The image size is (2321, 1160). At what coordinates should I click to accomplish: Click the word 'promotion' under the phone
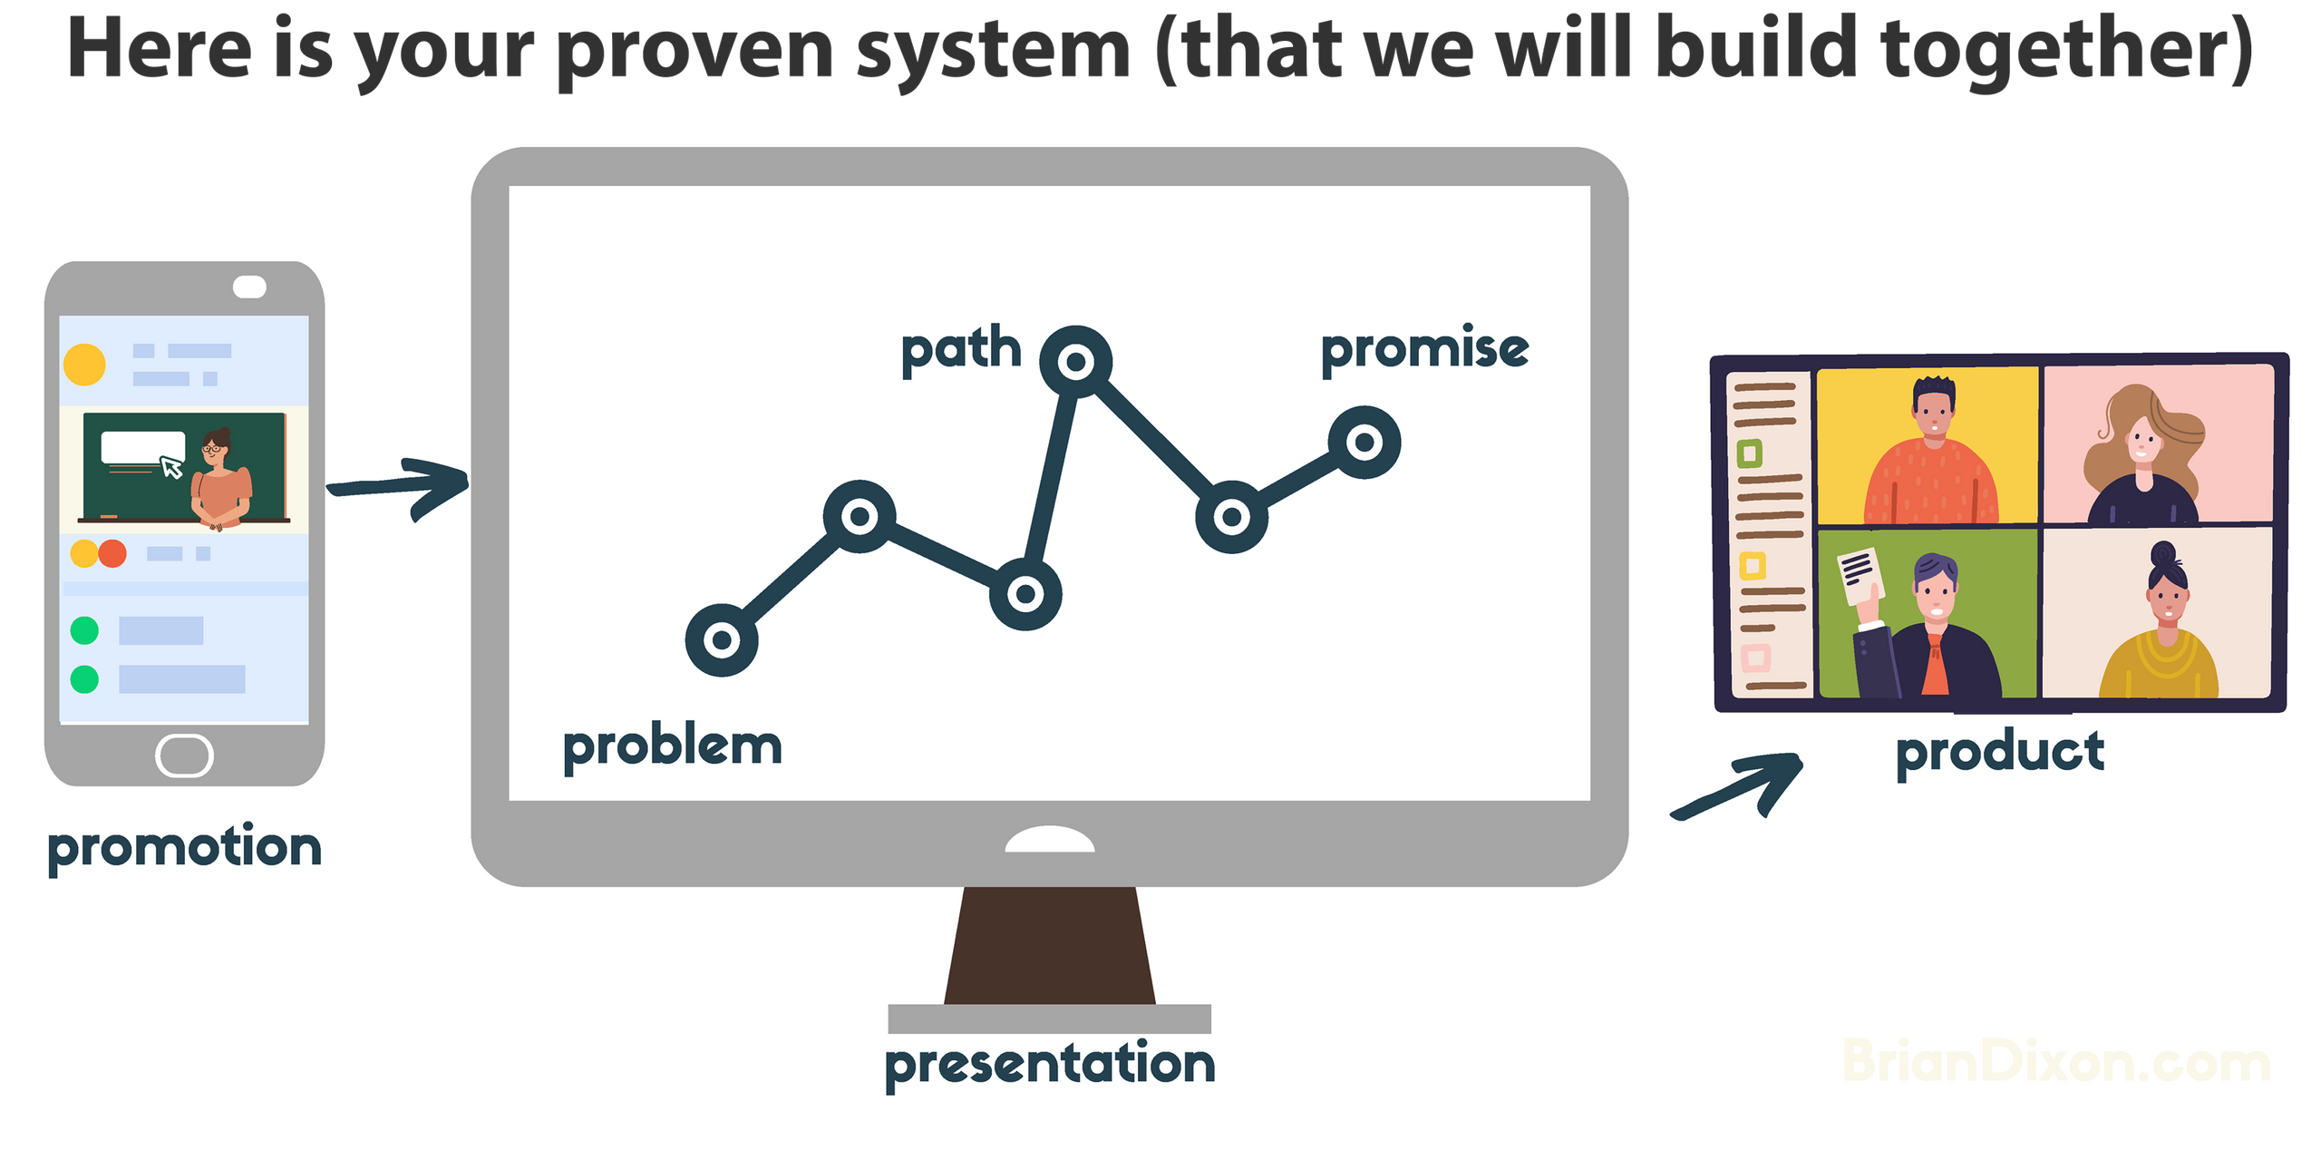coord(184,847)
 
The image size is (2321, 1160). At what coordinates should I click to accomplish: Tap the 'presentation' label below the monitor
coord(1050,1064)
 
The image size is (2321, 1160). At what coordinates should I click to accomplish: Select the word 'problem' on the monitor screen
coord(672,747)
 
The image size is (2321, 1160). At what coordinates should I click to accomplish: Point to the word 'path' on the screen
coord(961,350)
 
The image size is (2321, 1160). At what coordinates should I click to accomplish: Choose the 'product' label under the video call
coord(2000,752)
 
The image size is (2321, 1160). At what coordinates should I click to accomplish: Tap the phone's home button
coord(184,755)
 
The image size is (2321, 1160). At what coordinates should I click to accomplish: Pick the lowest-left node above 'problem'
coord(722,640)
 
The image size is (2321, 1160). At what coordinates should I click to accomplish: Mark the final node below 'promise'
coord(1364,443)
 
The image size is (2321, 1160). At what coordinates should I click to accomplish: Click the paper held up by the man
coord(1858,576)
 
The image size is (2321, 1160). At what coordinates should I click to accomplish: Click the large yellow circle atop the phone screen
coord(84,365)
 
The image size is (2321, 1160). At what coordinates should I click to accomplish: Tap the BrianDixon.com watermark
coord(2056,1061)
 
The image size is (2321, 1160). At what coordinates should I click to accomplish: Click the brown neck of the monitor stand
coord(1050,945)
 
